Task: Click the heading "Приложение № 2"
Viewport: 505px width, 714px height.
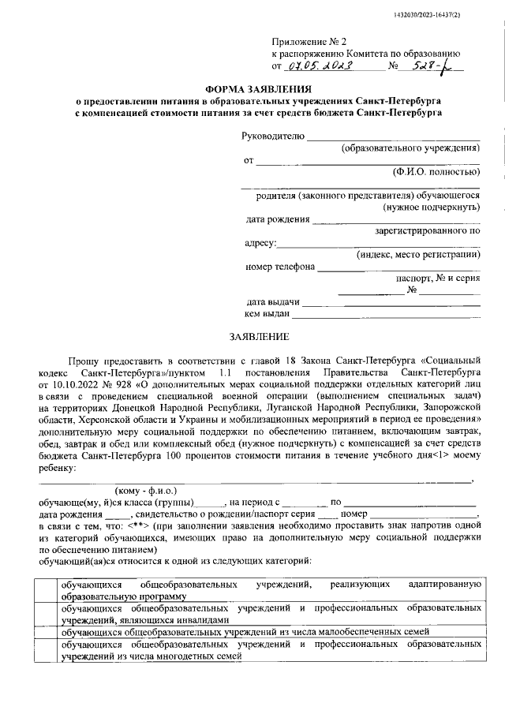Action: coord(302,39)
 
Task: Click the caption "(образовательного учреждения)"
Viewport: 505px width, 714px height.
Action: coord(410,148)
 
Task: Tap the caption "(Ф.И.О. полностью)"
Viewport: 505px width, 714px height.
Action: coord(436,171)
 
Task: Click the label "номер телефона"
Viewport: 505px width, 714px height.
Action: coord(280,266)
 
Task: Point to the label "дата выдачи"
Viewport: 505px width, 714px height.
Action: coord(273,301)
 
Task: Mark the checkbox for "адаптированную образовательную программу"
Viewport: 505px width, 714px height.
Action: coord(39,591)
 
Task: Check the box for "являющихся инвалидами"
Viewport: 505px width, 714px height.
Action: coord(39,615)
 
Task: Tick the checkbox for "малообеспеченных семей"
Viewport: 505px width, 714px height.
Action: coord(39,632)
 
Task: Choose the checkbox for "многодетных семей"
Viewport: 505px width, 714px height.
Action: coord(39,649)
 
